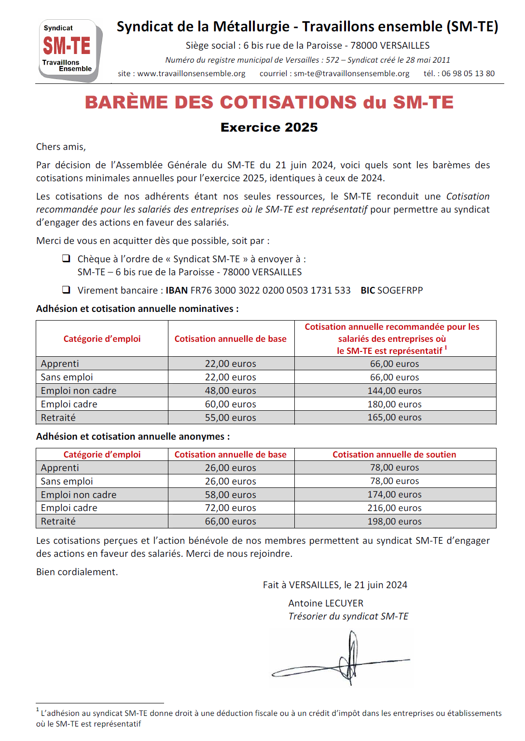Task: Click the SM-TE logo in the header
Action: [x=70, y=50]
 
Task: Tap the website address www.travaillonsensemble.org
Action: [x=191, y=74]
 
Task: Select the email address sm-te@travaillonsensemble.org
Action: [x=351, y=74]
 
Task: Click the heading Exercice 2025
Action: [x=269, y=127]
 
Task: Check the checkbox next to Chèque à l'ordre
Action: [x=66, y=258]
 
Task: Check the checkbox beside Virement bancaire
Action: [x=66, y=290]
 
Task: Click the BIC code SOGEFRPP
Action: [x=400, y=290]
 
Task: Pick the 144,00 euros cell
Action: [x=394, y=391]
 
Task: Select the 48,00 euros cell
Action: [x=230, y=391]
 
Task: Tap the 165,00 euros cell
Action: [x=394, y=418]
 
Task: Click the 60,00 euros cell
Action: [x=230, y=404]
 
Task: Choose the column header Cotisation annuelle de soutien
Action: [x=394, y=455]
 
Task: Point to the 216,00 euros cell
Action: [x=394, y=508]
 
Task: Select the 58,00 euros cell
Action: [x=230, y=495]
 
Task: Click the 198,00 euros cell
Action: [x=394, y=521]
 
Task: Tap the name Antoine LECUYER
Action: [x=326, y=603]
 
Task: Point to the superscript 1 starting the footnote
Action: [x=38, y=710]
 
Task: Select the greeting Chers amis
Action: [x=61, y=147]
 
